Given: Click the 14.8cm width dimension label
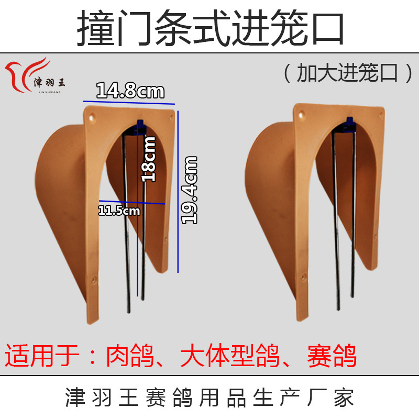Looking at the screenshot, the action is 130,91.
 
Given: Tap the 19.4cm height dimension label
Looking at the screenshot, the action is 189,190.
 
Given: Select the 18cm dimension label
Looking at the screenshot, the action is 149,159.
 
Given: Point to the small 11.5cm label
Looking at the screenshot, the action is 119,211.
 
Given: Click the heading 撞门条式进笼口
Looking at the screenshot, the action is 210,29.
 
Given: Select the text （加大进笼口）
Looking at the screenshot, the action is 347,73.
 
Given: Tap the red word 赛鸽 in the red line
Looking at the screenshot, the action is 332,357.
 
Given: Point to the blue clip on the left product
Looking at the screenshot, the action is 140,125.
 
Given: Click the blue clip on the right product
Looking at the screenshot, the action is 349,124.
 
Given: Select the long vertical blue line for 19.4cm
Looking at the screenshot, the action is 178,191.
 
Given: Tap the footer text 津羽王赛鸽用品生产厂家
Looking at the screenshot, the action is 210,399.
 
